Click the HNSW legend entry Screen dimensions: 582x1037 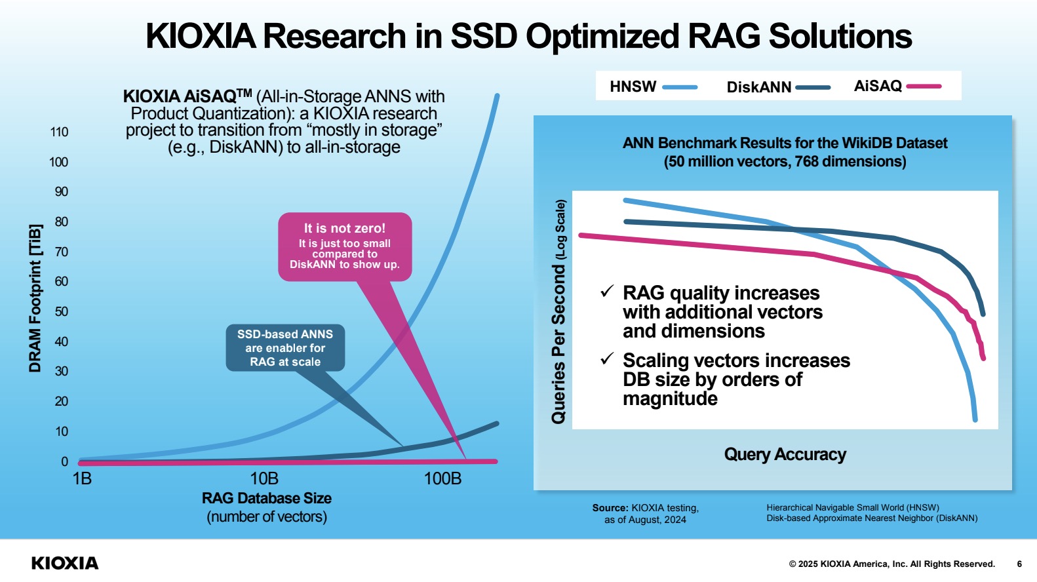pyautogui.click(x=652, y=87)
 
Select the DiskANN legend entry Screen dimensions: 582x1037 pyautogui.click(x=777, y=87)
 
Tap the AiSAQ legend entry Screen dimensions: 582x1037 pyautogui.click(x=896, y=86)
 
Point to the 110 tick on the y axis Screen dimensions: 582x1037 pyautogui.click(x=59, y=132)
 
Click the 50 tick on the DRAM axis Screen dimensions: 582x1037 pyautogui.click(x=61, y=312)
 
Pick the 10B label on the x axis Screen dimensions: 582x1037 pyautogui.click(x=264, y=479)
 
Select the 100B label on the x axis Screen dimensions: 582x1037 pyautogui.click(x=442, y=479)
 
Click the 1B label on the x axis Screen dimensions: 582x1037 pyautogui.click(x=82, y=479)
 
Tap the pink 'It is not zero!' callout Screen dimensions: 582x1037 pyautogui.click(x=345, y=246)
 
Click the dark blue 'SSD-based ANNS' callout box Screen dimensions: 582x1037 pyautogui.click(x=285, y=348)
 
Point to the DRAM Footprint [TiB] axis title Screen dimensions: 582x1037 pyautogui.click(x=35, y=298)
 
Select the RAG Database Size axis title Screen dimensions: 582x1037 pyautogui.click(x=267, y=499)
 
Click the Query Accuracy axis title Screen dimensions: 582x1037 pyautogui.click(x=785, y=454)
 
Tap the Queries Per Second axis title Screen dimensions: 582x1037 pyautogui.click(x=558, y=312)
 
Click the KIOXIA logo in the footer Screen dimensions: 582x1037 pyautogui.click(x=65, y=564)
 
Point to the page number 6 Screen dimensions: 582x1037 pyautogui.click(x=1019, y=564)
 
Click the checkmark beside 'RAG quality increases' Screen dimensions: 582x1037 pyautogui.click(x=607, y=291)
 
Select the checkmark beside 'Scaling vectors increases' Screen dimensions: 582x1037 pyautogui.click(x=607, y=359)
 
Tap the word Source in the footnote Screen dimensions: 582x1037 pyautogui.click(x=610, y=508)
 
